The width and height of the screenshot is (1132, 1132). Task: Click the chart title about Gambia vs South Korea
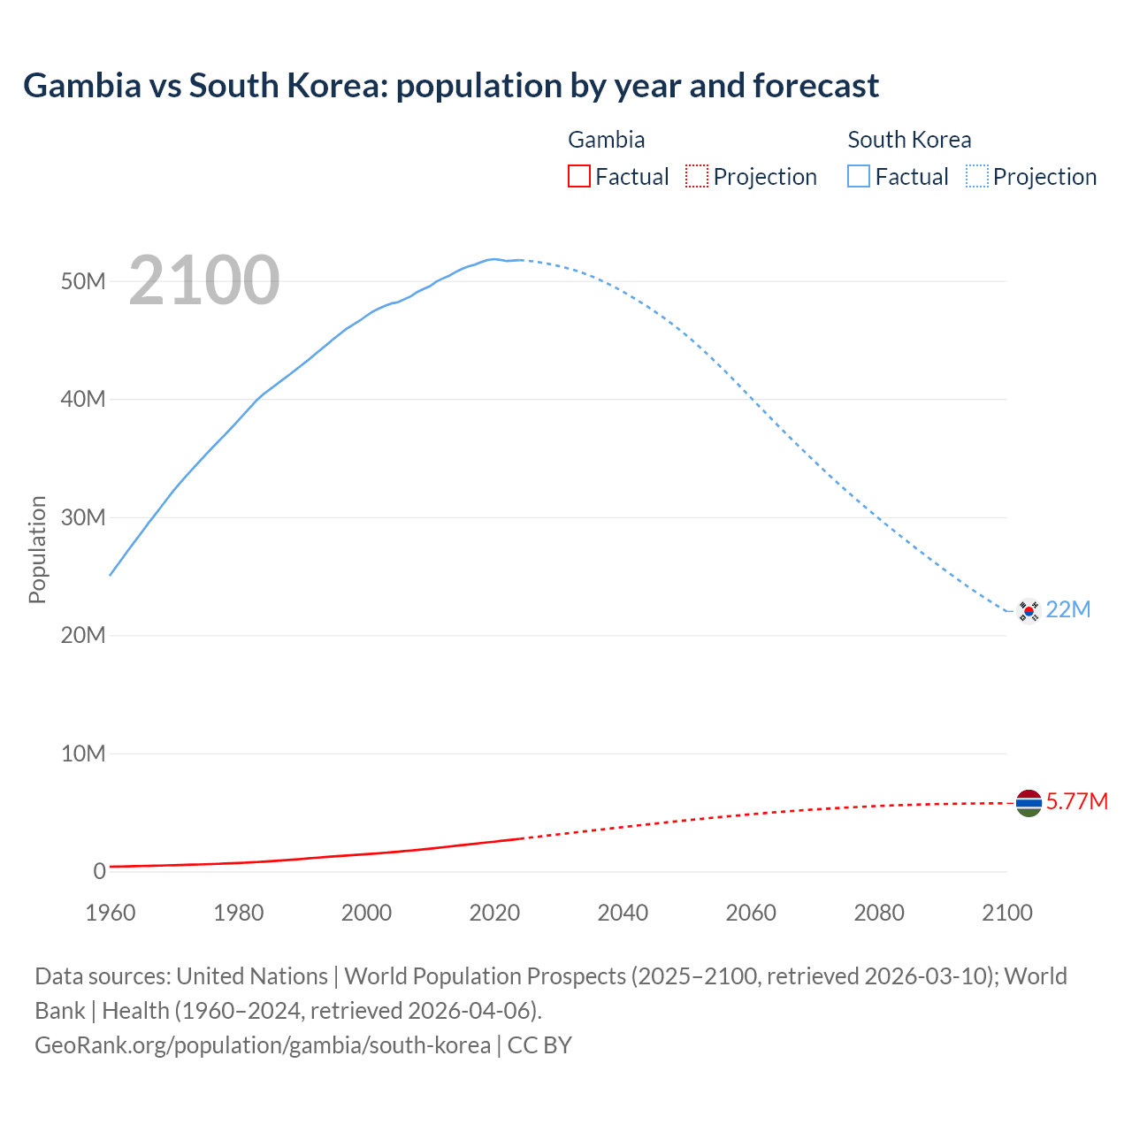click(451, 86)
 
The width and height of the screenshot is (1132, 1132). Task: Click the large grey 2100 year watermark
click(204, 280)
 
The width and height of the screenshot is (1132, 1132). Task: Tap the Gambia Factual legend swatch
click(579, 177)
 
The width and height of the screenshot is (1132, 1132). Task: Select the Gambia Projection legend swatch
click(697, 177)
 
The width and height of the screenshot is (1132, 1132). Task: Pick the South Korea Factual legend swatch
click(859, 177)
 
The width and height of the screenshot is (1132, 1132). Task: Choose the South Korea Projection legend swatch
click(977, 177)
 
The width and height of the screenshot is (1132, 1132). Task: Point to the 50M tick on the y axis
click(83, 281)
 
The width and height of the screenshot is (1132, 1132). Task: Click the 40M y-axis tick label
click(83, 400)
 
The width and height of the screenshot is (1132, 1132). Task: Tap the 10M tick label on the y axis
click(83, 753)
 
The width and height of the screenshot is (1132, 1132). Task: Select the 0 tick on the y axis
click(99, 871)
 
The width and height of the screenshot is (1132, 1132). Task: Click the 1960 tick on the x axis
click(111, 913)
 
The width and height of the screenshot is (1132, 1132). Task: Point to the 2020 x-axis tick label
click(494, 913)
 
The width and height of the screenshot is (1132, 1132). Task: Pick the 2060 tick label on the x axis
click(751, 913)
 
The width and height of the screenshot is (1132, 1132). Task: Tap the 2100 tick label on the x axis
click(1007, 913)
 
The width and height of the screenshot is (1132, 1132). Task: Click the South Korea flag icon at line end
click(1029, 610)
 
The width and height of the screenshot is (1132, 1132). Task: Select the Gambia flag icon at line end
click(1029, 803)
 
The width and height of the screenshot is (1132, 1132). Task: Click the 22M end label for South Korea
click(1068, 609)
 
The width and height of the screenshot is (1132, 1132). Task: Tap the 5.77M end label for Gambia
click(1077, 801)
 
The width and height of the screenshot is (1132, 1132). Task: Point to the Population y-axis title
click(37, 549)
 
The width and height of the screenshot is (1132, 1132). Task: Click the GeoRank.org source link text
click(263, 1045)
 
